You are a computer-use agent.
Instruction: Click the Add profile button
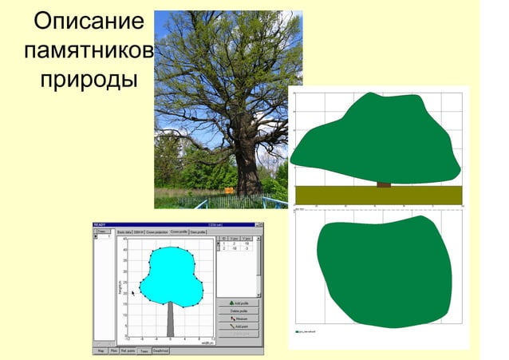239,303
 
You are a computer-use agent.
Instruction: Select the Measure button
239,318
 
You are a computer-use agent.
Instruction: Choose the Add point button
239,326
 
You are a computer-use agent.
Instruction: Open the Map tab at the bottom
101,350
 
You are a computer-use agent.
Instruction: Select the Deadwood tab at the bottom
160,350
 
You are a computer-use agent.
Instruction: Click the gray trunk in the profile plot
170,319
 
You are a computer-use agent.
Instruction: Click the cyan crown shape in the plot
168,275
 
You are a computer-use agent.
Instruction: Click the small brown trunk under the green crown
384,184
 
